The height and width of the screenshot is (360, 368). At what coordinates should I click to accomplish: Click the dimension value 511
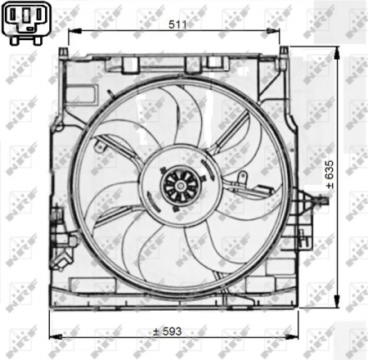pyautogui.click(x=177, y=25)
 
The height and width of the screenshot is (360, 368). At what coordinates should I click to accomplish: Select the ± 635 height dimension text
pyautogui.click(x=330, y=175)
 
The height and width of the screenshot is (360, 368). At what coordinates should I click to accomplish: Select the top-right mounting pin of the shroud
pyautogui.click(x=283, y=52)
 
